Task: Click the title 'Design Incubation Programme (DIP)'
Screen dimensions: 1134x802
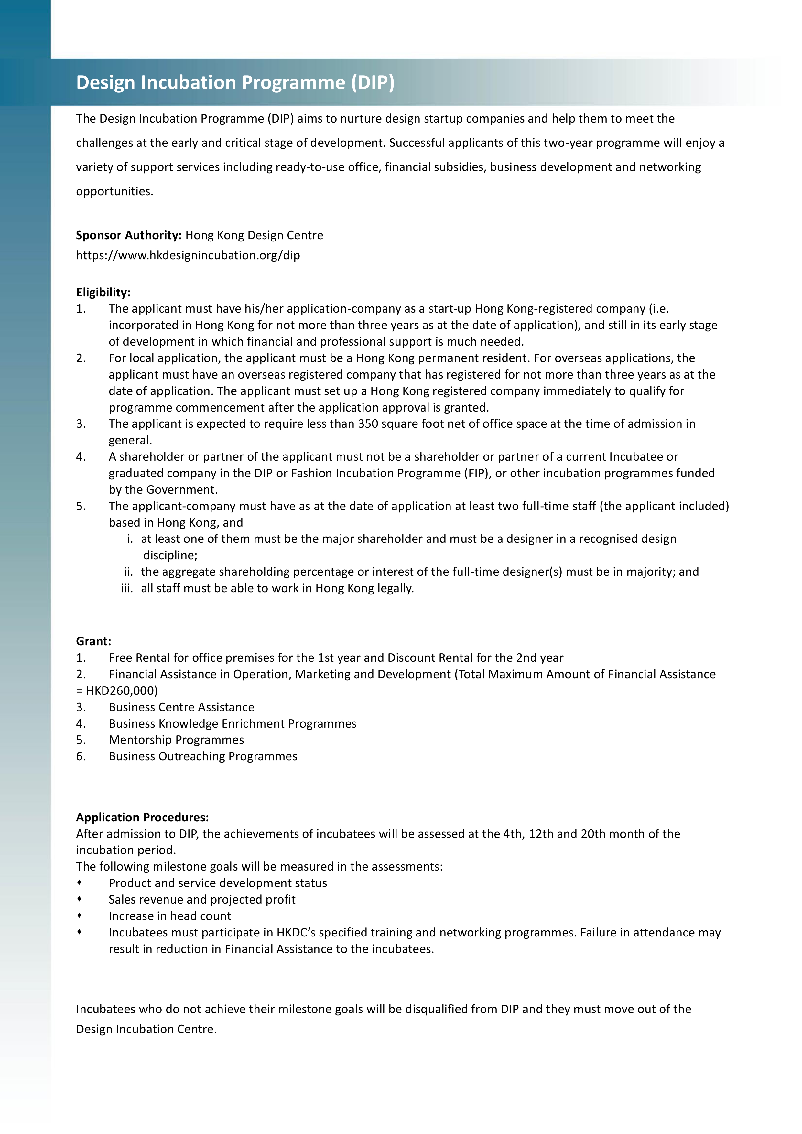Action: tap(235, 82)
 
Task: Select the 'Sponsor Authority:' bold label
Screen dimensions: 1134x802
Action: tap(128, 235)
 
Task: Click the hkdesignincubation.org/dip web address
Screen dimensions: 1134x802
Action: tap(188, 255)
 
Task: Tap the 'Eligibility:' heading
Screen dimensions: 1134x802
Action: tap(103, 293)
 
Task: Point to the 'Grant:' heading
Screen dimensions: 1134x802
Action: tap(93, 641)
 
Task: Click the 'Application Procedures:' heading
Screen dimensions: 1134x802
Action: tap(142, 818)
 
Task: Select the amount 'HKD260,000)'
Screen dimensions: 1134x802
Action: tap(122, 690)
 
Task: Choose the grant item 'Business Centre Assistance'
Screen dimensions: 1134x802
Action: tap(181, 707)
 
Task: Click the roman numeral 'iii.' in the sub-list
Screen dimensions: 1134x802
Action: tap(127, 588)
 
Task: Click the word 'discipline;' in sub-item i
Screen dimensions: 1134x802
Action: tap(170, 555)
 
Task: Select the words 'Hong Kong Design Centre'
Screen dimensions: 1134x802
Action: tap(254, 235)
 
